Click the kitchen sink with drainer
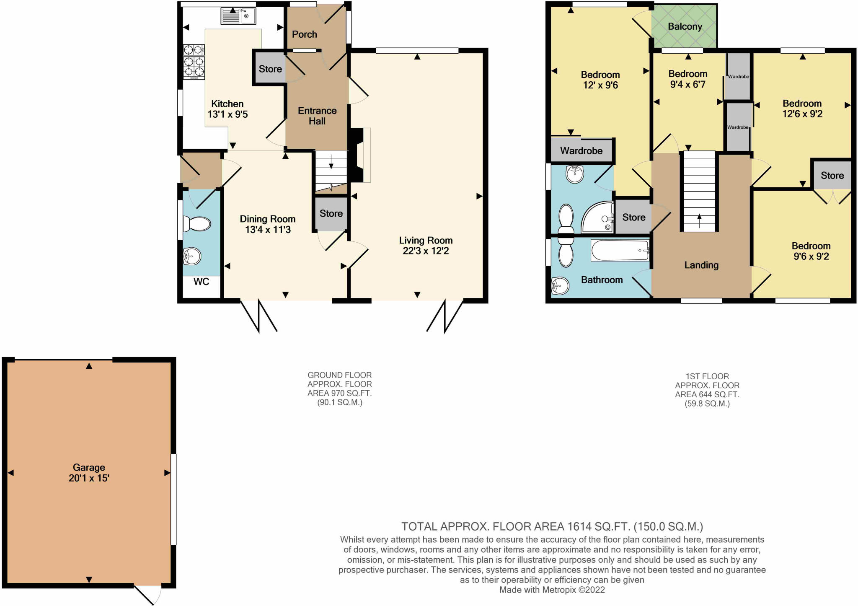(238, 16)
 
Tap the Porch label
(304, 34)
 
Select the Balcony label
(685, 26)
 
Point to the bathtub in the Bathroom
(620, 250)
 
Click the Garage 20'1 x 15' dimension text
(89, 478)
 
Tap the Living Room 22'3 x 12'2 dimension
(426, 251)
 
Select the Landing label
(701, 265)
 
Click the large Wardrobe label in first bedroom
(581, 151)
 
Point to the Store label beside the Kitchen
(270, 69)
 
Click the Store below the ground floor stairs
(331, 214)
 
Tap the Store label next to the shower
(633, 217)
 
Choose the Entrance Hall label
(317, 116)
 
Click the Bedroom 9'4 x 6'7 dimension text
(687, 85)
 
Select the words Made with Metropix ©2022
(552, 590)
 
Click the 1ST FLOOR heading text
(707, 376)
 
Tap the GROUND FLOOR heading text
(339, 375)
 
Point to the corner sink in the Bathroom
(560, 286)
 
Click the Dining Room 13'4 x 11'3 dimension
(268, 230)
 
